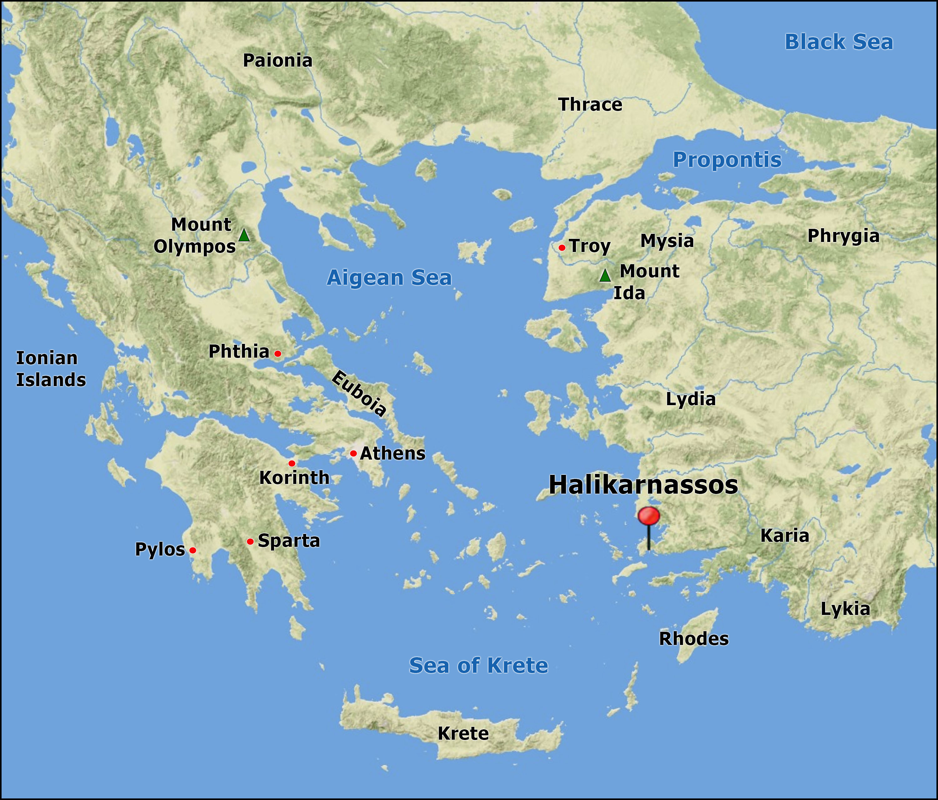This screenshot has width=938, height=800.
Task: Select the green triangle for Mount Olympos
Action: coord(244,235)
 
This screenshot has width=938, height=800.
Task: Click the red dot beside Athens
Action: coord(353,453)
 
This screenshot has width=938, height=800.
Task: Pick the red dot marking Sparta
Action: coord(250,541)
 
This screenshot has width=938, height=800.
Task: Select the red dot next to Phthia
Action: coord(278,354)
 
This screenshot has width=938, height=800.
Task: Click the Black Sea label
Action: coord(838,42)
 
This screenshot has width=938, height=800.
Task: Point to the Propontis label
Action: coord(727,160)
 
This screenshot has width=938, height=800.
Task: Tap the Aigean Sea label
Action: coord(389,278)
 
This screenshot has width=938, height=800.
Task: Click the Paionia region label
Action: coord(278,61)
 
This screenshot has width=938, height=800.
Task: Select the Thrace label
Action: coord(590,105)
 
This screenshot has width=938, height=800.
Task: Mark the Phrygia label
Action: coord(843,236)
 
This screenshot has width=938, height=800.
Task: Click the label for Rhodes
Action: coord(693,639)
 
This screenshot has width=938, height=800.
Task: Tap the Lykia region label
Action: coord(845,609)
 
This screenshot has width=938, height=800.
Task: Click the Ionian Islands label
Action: coord(51,369)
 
